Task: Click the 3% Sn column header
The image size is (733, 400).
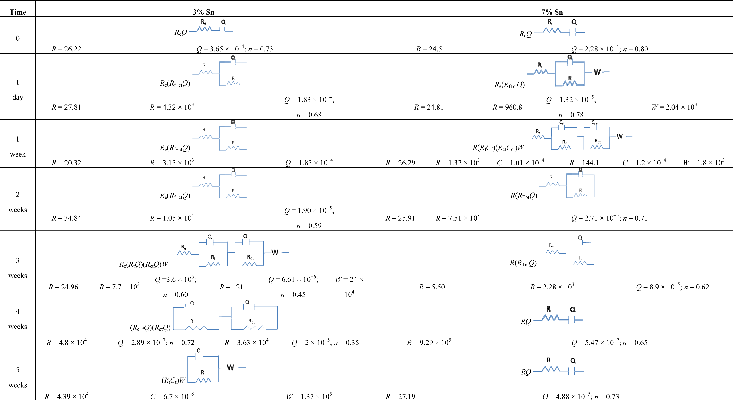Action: (203, 12)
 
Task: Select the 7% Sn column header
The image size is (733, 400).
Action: (552, 12)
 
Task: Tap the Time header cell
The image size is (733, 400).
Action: (18, 12)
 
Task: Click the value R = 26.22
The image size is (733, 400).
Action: (66, 49)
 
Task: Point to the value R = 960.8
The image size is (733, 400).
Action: (507, 107)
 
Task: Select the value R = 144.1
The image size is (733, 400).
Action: (584, 163)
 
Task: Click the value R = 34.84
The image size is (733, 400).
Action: (66, 218)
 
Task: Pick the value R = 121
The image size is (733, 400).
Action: (231, 287)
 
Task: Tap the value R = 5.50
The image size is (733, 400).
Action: (432, 287)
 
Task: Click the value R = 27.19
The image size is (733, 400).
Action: (400, 396)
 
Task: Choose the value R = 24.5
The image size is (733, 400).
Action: (429, 49)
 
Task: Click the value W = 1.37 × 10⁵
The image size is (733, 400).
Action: (309, 396)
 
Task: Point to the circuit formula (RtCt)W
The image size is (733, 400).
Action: (174, 380)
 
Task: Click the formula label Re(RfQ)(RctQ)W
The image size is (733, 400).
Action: (144, 264)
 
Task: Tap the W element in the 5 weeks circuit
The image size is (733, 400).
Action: (231, 368)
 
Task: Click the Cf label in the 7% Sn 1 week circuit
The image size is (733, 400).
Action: (561, 123)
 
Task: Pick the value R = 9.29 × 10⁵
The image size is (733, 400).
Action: (429, 342)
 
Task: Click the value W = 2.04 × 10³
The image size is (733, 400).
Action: (674, 107)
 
